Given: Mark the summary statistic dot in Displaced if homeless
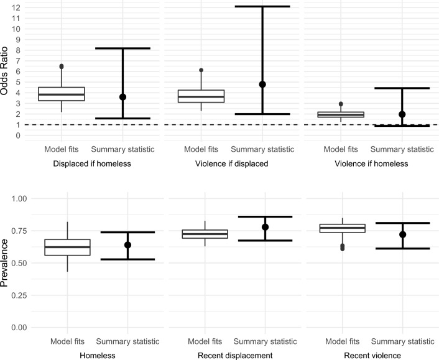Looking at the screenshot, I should click(x=122, y=97).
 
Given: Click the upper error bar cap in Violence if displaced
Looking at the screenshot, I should click(x=262, y=7).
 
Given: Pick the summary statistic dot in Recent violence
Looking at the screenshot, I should click(x=402, y=234).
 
